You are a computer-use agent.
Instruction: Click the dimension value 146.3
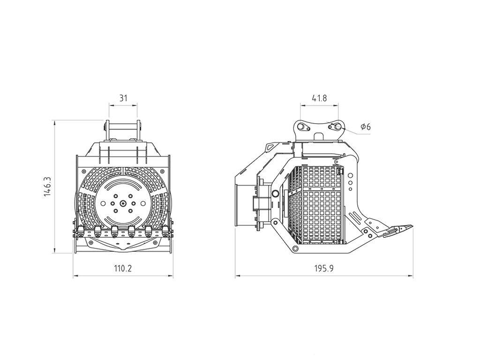click(x=47, y=187)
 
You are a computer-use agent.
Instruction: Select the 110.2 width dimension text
click(x=123, y=269)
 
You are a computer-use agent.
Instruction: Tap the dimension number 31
click(x=123, y=98)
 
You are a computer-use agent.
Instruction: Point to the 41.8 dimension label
click(x=319, y=98)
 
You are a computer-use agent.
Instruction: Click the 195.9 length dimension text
click(x=324, y=269)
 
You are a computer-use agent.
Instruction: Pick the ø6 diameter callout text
click(x=366, y=127)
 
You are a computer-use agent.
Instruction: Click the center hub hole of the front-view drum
click(x=122, y=203)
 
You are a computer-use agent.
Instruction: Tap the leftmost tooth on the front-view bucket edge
click(x=81, y=230)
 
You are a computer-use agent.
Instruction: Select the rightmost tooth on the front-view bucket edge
click(x=165, y=230)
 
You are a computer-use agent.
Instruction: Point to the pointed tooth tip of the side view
click(x=411, y=227)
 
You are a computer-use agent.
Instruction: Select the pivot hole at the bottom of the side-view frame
click(x=295, y=248)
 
